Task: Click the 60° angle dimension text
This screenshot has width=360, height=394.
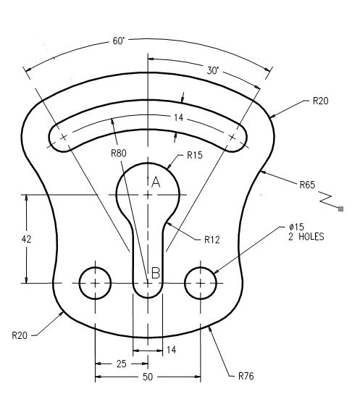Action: (119, 41)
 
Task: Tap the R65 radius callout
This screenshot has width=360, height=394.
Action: (308, 185)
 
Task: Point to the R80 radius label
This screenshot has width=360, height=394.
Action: (120, 153)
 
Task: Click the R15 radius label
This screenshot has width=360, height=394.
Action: (195, 154)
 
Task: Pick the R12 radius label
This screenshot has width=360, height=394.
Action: (212, 239)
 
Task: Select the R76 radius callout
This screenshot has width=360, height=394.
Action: (246, 376)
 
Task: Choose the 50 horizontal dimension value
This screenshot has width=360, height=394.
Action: (147, 377)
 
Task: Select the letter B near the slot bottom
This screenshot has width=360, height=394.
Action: (155, 273)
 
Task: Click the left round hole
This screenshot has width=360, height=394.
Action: (95, 282)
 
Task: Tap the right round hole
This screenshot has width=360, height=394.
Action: (201, 282)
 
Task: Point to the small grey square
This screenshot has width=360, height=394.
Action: (340, 209)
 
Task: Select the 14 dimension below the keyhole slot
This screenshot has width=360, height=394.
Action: (171, 350)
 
